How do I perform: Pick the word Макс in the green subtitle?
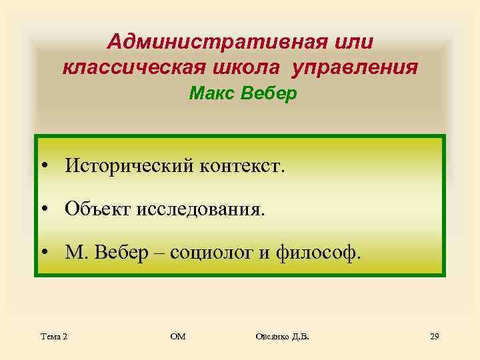point(209,94)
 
